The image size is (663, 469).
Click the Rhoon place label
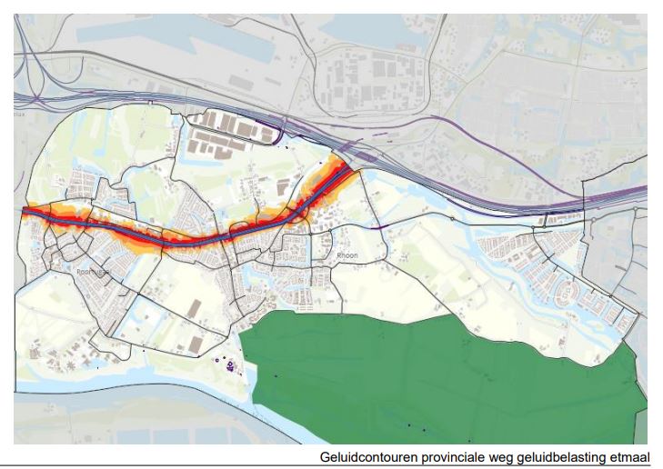(x=347, y=256)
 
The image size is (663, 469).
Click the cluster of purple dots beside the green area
(x=229, y=365)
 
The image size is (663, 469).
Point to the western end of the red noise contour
(x=25, y=213)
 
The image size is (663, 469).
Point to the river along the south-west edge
(x=109, y=400)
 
